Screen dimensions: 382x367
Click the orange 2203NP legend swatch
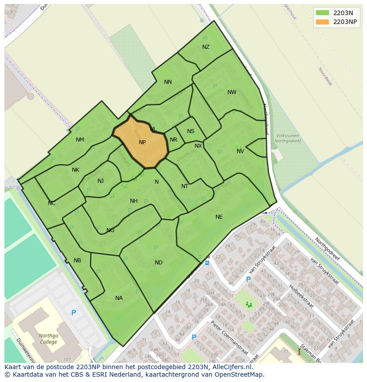[x=322, y=22]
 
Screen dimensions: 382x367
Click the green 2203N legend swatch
[x=322, y=13]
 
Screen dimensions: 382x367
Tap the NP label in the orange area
[x=142, y=142]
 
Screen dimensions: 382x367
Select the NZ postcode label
[x=206, y=47]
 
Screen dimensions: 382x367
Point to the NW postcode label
[x=232, y=92]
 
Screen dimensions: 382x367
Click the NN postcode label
[x=168, y=82]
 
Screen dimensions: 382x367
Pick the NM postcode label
[x=80, y=140]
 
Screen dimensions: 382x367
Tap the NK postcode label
[x=75, y=170]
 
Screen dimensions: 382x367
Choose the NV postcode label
[x=240, y=151]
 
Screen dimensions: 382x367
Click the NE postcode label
[x=219, y=217]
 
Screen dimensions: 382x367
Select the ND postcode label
[x=159, y=263]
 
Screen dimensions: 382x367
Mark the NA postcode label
[x=119, y=298]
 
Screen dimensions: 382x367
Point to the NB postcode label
[x=78, y=260]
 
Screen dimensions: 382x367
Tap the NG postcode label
[x=110, y=230]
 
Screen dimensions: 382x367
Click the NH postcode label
[x=133, y=201]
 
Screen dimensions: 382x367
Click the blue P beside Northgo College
[x=74, y=313]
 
